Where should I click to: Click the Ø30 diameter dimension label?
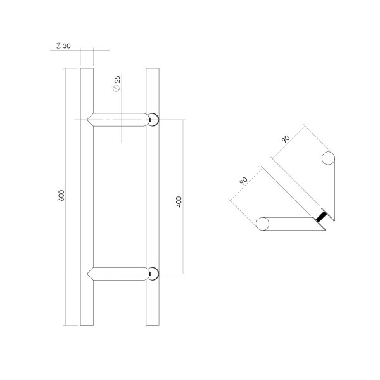click(x=63, y=46)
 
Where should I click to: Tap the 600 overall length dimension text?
click(x=61, y=196)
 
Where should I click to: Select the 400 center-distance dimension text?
click(x=179, y=202)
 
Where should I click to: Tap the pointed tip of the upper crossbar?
click(x=89, y=118)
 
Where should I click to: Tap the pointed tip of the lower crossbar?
click(x=89, y=274)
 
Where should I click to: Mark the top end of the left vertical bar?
click(x=87, y=66)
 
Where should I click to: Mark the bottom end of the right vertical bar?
click(x=151, y=324)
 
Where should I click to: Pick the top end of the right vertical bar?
click(x=151, y=66)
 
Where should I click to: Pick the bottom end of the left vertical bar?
click(x=87, y=324)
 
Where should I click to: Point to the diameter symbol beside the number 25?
click(x=117, y=91)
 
